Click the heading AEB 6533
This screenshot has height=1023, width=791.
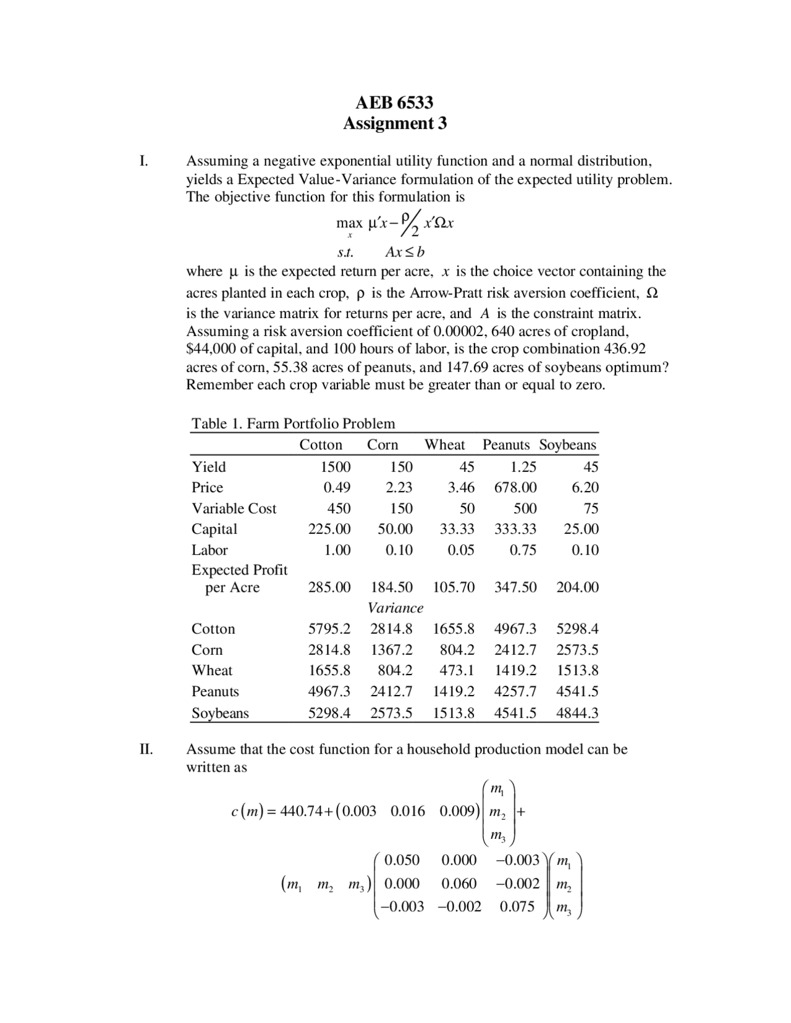coord(394,102)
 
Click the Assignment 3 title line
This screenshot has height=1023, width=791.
coord(394,124)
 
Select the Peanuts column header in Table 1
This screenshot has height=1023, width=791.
coord(505,445)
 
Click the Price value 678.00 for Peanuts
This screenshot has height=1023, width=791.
coord(515,487)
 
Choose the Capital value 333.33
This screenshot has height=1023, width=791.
coord(515,529)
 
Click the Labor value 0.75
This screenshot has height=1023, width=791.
coord(523,550)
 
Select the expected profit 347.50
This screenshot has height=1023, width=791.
coord(515,587)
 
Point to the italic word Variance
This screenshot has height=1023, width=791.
coord(395,608)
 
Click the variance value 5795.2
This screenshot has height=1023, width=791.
coord(329,629)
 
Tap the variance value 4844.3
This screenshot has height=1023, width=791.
coord(577,713)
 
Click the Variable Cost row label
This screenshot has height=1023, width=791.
coord(234,508)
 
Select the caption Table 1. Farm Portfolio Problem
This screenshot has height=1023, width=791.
coord(293,424)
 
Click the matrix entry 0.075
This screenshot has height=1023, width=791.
coord(517,906)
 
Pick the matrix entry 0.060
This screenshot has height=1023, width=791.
coord(459,883)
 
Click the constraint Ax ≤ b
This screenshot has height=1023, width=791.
coord(404,252)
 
